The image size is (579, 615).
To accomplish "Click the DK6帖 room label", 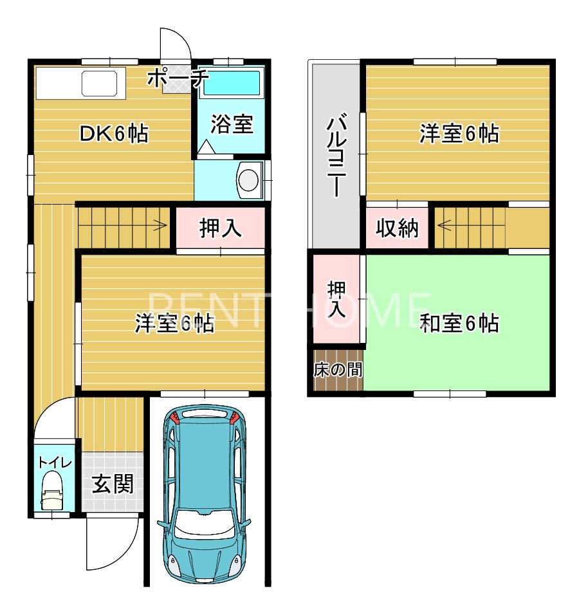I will tap(114, 134).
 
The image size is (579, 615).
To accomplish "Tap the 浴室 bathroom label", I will tap(232, 124).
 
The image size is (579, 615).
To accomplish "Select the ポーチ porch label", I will tap(178, 78).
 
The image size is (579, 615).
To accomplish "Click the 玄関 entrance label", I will tap(112, 484).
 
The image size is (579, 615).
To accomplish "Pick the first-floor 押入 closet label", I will tap(221, 228).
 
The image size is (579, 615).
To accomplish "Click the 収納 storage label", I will tap(397, 228).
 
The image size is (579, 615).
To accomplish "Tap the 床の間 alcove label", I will tap(338, 370).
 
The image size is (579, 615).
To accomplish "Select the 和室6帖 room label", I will tap(459, 323).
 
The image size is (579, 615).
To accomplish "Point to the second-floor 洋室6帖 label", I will tap(459, 134).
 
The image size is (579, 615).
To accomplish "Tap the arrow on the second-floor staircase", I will tap(444, 225).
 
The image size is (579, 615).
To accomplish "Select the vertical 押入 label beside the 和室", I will tap(336, 300).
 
